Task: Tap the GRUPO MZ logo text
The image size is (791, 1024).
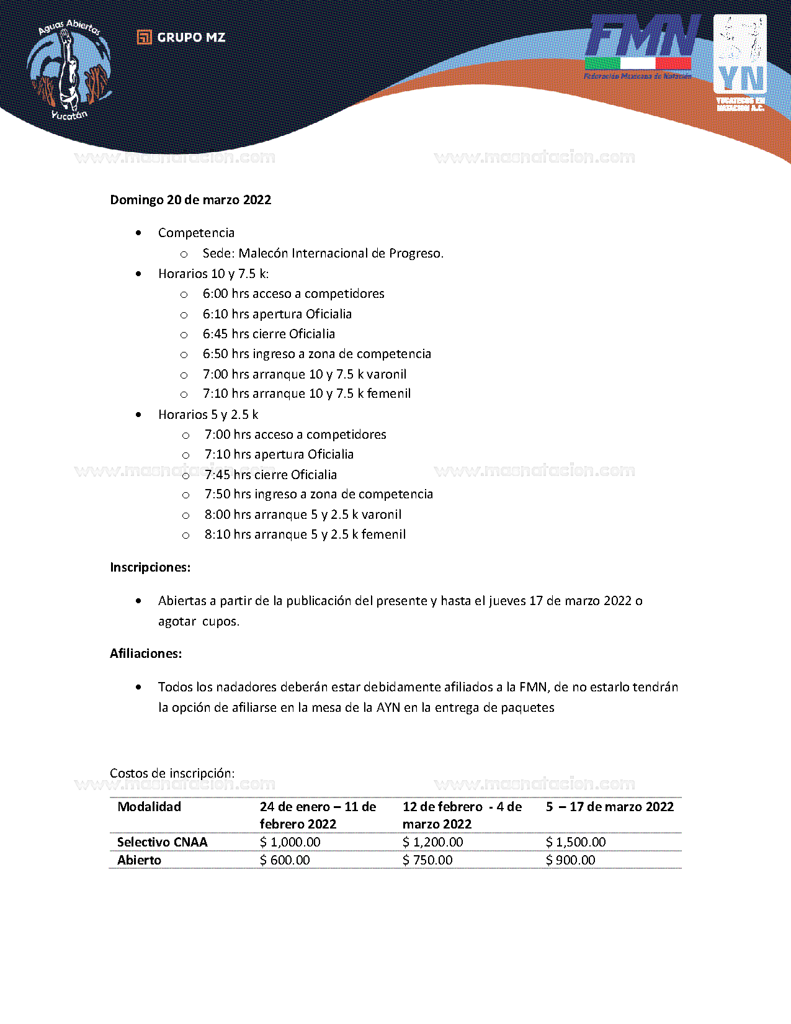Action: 182,38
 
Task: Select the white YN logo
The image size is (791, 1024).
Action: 740,62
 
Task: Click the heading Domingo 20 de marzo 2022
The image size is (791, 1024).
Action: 190,200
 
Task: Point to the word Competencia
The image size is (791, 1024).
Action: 196,233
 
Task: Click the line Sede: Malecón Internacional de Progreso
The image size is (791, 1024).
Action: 323,253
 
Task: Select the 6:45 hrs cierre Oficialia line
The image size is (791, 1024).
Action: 269,334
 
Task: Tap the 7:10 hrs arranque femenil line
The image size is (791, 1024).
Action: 306,393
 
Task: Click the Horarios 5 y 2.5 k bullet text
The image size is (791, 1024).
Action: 208,415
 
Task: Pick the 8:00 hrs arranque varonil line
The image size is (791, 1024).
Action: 303,514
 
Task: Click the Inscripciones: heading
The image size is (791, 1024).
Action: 150,567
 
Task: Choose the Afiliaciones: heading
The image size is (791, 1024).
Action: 146,653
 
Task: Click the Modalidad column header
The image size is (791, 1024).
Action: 150,807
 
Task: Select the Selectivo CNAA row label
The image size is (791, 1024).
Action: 163,842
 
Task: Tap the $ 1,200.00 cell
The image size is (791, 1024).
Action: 432,842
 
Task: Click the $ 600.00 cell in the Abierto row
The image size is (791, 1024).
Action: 285,860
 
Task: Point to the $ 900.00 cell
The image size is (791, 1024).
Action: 570,860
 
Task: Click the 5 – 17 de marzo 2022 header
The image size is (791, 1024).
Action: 609,807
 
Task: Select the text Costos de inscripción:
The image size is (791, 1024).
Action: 172,773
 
